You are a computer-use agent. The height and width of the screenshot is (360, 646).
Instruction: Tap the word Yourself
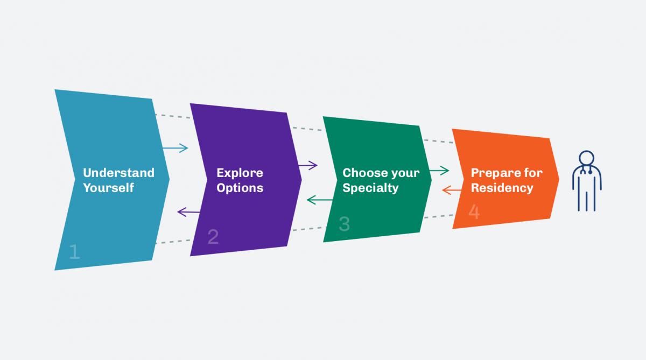tap(108, 188)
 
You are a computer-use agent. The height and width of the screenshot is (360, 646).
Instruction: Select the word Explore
tap(240, 173)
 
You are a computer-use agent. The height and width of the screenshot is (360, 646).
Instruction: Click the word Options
tap(240, 188)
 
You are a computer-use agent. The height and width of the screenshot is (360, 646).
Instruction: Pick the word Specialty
tap(370, 188)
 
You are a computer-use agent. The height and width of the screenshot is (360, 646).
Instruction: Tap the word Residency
tap(502, 188)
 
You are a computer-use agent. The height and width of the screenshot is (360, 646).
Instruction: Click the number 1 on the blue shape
tap(74, 251)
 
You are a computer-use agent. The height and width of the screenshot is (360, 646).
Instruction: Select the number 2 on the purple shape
tap(213, 237)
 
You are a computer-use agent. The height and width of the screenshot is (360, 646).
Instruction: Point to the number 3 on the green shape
tap(344, 224)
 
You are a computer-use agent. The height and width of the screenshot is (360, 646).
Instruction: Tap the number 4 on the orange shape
tap(474, 211)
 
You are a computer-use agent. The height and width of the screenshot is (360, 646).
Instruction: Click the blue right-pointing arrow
tap(175, 148)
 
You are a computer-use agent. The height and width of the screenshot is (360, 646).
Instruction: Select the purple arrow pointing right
tap(307, 165)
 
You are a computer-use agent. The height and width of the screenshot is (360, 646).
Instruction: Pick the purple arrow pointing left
tap(189, 212)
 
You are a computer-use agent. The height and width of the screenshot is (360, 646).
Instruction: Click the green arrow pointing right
tap(439, 171)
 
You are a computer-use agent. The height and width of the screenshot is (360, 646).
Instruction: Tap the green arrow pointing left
tap(320, 200)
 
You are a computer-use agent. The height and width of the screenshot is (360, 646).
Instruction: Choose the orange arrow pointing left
tap(451, 189)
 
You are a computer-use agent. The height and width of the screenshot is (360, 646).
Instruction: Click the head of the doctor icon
tap(586, 159)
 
